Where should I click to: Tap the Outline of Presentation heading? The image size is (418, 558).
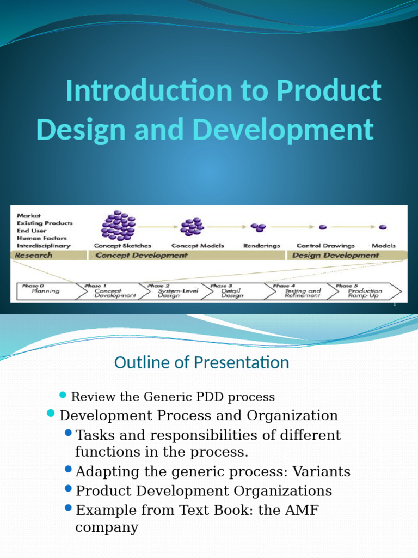pos(201,362)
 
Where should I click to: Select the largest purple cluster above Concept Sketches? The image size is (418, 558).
pos(119,225)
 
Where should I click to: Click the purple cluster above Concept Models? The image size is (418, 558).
pos(192,226)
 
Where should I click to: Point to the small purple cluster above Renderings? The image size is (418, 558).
pos(258,227)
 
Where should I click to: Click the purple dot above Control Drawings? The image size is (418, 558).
pos(323,227)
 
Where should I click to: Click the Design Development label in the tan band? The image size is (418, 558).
pos(336,255)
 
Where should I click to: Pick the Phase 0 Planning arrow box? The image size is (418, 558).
pos(46,291)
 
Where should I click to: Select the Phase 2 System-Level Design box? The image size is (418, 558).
pos(171,291)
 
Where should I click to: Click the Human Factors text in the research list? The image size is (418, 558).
pos(42,238)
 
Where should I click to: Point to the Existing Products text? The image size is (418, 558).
pos(44,223)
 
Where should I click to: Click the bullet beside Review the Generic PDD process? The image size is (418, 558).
pos(62,395)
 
